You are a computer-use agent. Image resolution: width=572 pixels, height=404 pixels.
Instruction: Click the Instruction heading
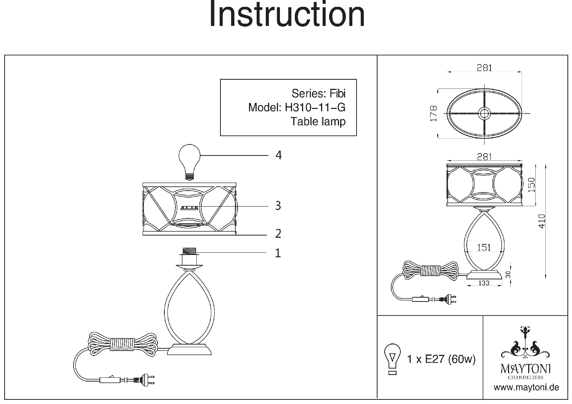pos(287,14)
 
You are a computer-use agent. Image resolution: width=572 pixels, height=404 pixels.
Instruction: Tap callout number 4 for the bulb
pos(278,156)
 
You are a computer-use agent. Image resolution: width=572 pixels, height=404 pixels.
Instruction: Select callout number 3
pos(278,206)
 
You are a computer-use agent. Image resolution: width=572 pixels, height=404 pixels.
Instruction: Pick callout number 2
pos(278,233)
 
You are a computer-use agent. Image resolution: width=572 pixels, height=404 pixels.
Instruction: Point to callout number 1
pos(278,253)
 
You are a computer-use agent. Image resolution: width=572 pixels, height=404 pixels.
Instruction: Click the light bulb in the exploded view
pos(190,160)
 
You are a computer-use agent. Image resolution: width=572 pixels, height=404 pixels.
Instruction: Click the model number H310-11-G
pos(315,107)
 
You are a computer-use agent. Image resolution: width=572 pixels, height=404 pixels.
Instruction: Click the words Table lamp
pos(318,122)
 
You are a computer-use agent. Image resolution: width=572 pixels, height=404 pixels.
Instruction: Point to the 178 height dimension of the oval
pos(433,114)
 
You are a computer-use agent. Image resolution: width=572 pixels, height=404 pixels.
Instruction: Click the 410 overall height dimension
pos(542,221)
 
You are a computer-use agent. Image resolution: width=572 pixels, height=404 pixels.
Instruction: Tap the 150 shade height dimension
pos(531,184)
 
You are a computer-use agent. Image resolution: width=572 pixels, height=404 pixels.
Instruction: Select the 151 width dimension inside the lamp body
pos(484,248)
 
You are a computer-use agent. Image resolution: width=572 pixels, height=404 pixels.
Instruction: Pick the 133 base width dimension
pos(484,283)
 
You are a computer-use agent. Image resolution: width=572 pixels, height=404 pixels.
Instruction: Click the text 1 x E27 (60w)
pos(441,359)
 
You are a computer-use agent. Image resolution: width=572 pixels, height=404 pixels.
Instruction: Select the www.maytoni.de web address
pos(526,388)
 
